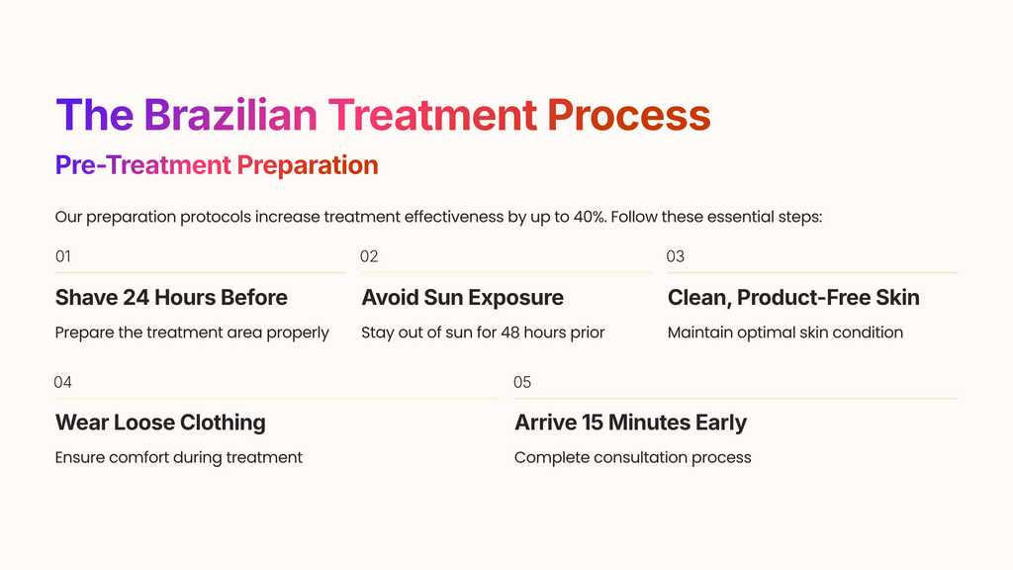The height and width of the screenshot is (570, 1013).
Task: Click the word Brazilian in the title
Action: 230,115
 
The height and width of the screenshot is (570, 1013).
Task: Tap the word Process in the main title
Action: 628,115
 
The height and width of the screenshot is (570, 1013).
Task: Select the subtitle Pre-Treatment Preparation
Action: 217,165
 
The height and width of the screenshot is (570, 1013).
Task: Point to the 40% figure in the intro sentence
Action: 590,217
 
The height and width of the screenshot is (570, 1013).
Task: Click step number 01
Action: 63,256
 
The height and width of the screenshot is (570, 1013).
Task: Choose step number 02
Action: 369,256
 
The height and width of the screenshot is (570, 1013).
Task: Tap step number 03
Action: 676,256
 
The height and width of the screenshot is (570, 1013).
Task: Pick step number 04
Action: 63,382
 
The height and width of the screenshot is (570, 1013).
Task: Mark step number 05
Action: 522,382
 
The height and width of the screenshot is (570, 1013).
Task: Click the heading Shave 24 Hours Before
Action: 171,297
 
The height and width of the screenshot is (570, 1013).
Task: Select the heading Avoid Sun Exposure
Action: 462,297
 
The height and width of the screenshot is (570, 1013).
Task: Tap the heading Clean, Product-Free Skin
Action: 793,297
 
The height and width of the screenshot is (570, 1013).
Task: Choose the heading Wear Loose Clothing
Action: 160,423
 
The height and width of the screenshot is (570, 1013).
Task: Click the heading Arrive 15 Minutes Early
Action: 630,423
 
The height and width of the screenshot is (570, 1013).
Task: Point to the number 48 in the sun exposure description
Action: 510,332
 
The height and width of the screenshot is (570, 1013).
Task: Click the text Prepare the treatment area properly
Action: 192,332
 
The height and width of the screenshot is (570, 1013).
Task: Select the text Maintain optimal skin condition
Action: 784,332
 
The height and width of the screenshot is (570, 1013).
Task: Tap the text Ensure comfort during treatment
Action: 179,457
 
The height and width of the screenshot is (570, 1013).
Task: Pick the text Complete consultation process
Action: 632,457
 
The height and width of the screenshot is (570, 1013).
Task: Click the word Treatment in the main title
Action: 432,115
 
